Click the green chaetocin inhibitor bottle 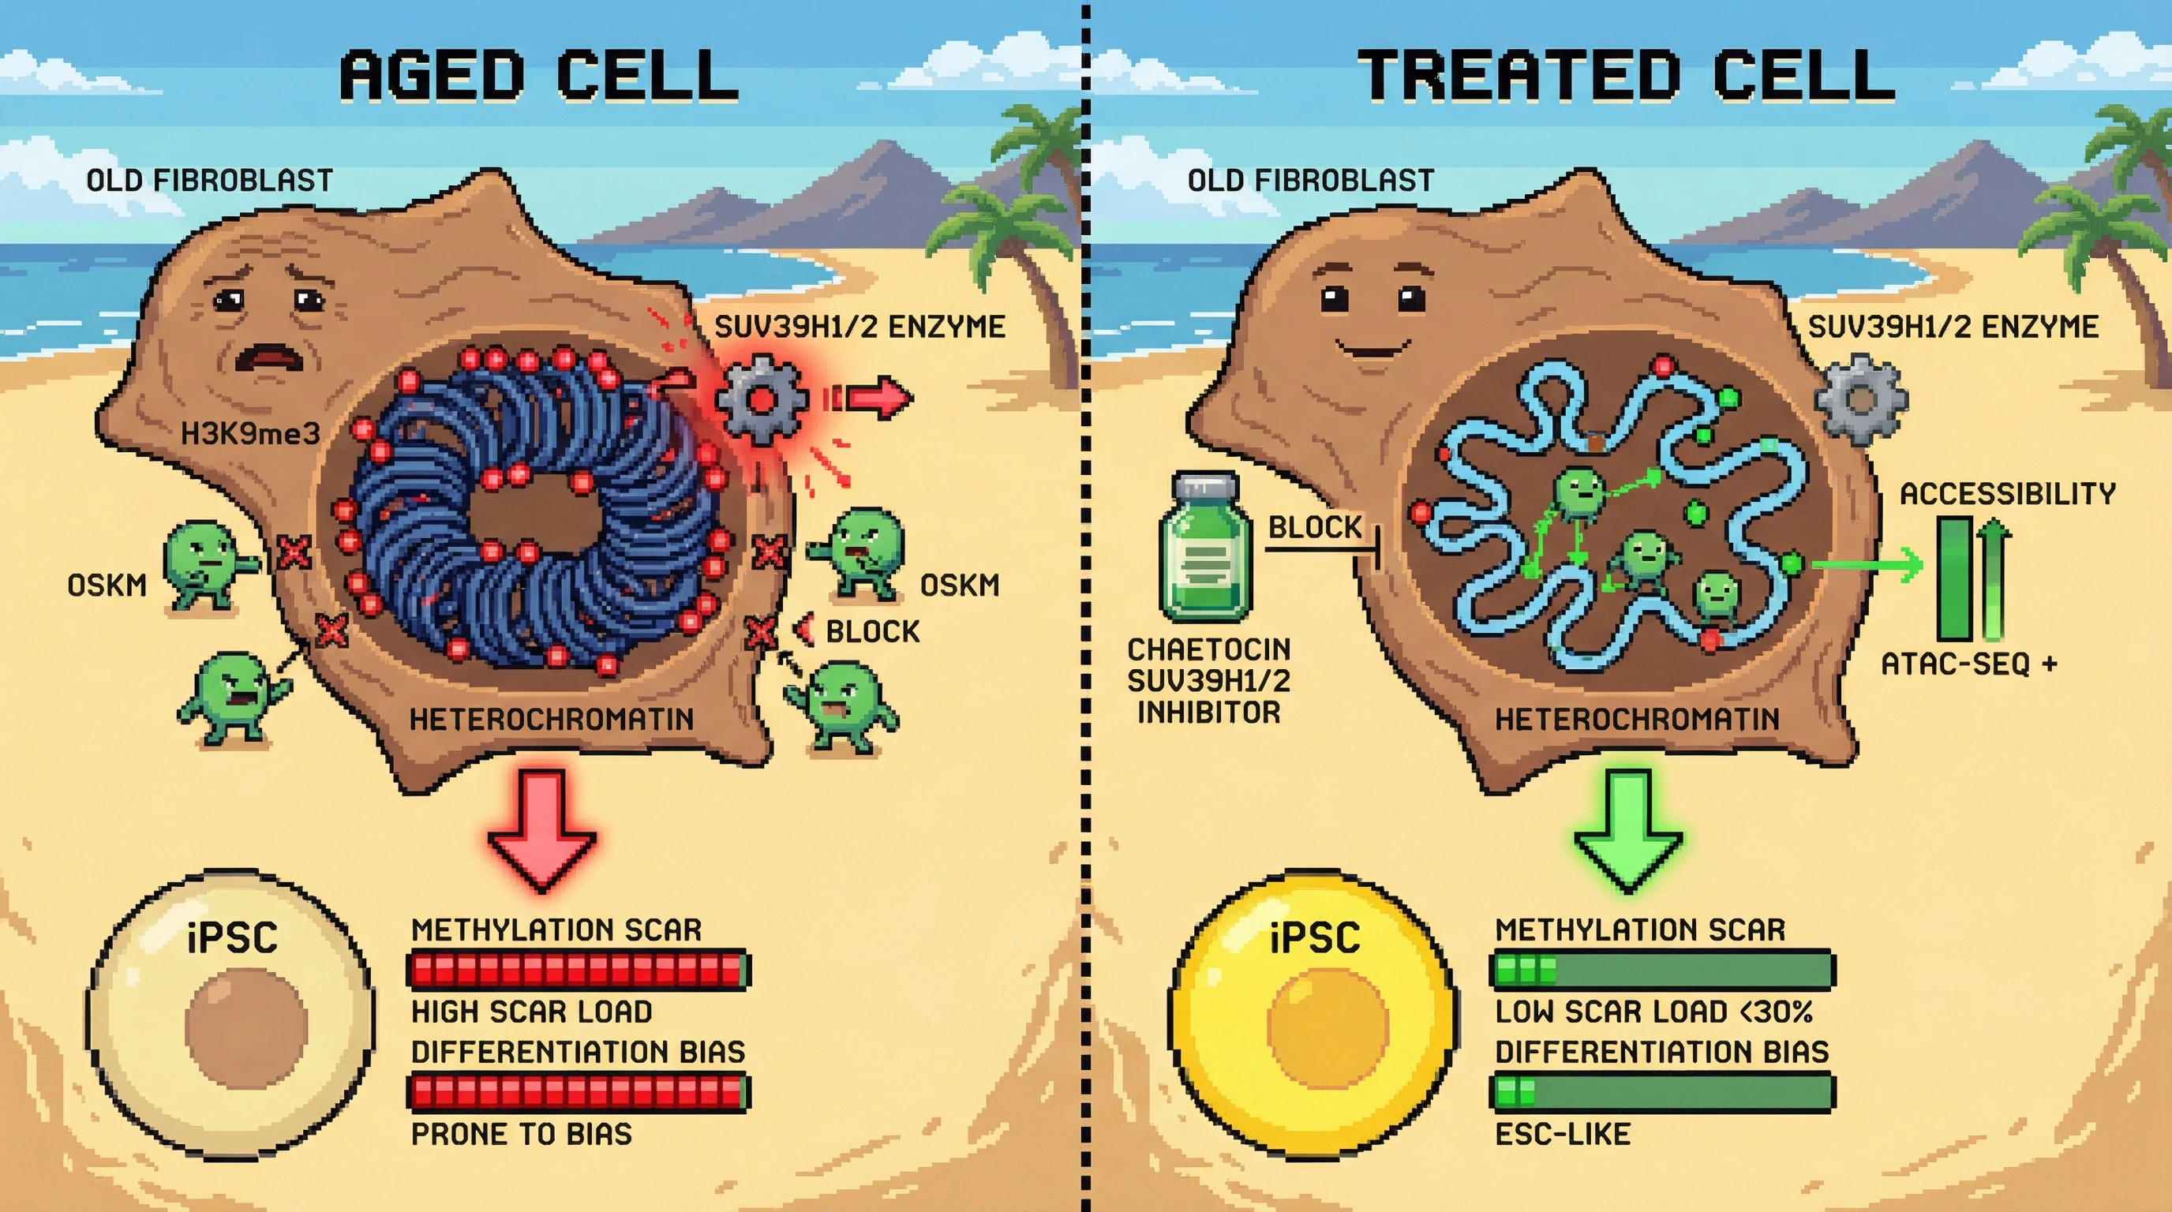click(1206, 548)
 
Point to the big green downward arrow click(1627, 830)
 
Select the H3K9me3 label click(250, 434)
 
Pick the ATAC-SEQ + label click(1968, 665)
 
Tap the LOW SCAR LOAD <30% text click(1653, 1012)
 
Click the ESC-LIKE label click(1563, 1135)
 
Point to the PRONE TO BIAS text click(521, 1135)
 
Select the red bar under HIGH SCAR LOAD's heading click(578, 970)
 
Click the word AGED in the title click(433, 76)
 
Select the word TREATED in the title click(1518, 76)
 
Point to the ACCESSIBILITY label click(2007, 494)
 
